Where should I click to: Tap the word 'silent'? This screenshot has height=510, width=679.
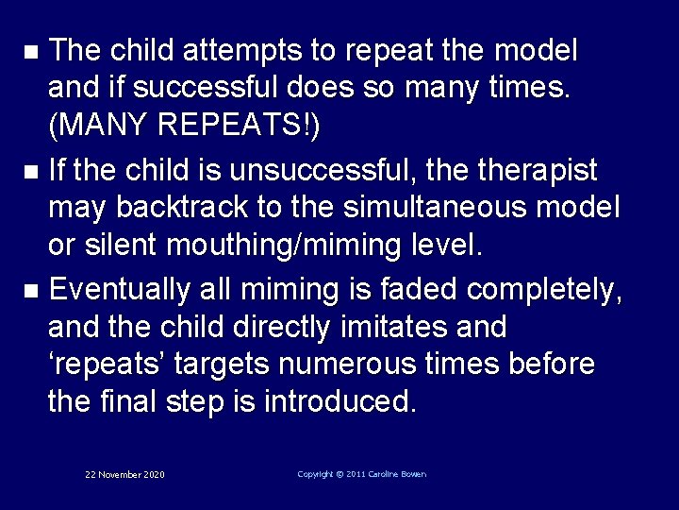[x=124, y=247]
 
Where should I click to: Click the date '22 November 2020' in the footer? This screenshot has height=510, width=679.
[x=124, y=474]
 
